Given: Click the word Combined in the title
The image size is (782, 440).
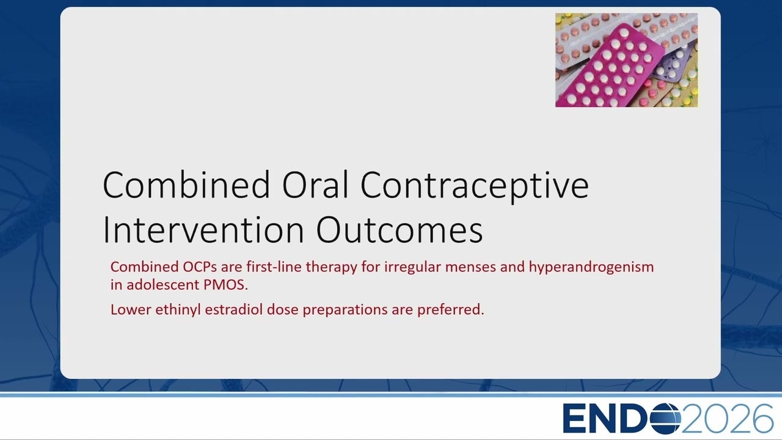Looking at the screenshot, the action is (x=186, y=185).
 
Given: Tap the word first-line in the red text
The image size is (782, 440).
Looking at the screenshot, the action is (x=274, y=267).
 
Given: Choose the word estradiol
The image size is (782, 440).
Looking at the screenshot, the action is (x=233, y=309).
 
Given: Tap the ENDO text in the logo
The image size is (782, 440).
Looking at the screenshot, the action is (x=621, y=419).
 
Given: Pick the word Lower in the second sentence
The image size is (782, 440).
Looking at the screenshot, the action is (x=131, y=310).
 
